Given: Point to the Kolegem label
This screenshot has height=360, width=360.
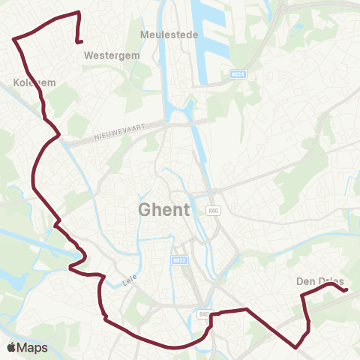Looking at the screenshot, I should coord(35,82).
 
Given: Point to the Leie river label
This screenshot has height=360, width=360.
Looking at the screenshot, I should coord(128,283).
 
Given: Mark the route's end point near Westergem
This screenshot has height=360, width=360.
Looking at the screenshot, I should coord(79,43).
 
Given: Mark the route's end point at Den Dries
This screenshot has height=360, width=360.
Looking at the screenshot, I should coord(346,289).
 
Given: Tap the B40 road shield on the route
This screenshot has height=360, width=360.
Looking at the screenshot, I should coord(203,314).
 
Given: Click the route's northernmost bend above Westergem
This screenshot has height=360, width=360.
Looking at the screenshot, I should coord(78,13).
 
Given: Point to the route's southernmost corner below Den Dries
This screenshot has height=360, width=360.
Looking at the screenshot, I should coord(298,346).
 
